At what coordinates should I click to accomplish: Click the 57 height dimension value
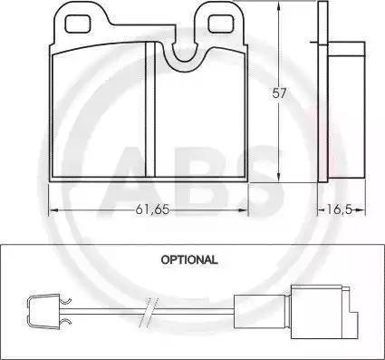pyautogui.click(x=278, y=92)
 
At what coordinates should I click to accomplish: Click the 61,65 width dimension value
pyautogui.click(x=152, y=209)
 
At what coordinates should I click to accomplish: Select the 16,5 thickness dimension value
pyautogui.click(x=339, y=209)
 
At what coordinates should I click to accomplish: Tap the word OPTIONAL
pyautogui.click(x=189, y=259)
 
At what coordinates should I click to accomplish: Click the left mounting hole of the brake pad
pyautogui.click(x=78, y=24)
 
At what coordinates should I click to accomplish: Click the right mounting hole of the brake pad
pyautogui.click(x=221, y=24)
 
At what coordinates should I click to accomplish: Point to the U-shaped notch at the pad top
pyautogui.click(x=184, y=56)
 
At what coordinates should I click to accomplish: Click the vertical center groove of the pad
pyautogui.click(x=150, y=110)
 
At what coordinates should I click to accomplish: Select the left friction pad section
pyautogui.click(x=99, y=111)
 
